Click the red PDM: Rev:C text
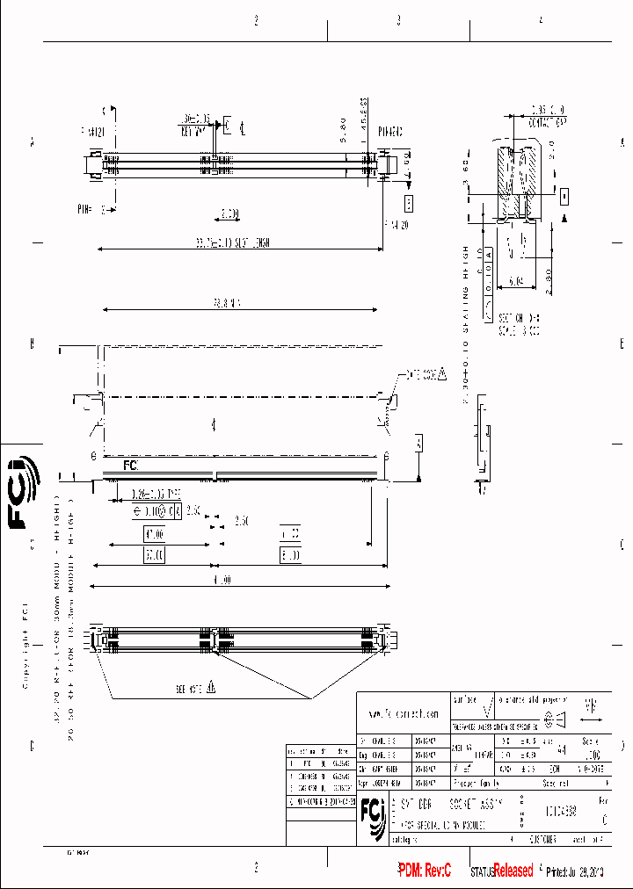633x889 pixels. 424,871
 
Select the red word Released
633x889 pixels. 513,871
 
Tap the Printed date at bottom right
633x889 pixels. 575,871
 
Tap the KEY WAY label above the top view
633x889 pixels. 193,130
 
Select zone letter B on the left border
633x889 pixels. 32,343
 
